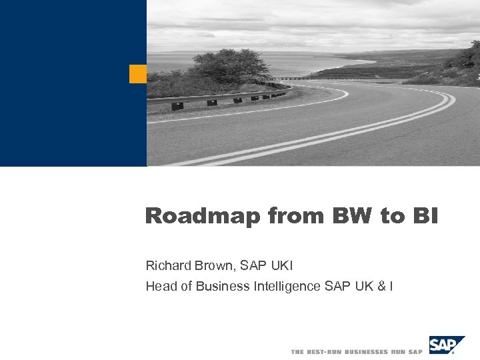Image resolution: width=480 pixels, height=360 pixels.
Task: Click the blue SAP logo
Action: click(445, 345)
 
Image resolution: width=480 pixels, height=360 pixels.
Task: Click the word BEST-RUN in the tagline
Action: click(323, 351)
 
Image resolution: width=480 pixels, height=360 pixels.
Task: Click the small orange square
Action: click(138, 74)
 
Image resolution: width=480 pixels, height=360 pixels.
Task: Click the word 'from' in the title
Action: click(291, 217)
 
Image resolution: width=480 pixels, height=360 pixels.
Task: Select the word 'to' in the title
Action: click(389, 217)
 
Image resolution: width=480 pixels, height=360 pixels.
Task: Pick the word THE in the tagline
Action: click(298, 351)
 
